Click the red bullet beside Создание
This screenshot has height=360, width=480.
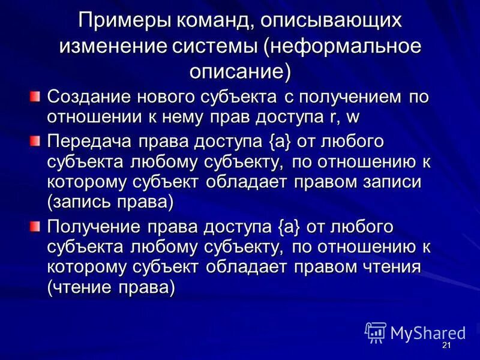tap(37, 95)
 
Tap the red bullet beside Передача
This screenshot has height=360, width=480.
tap(37, 142)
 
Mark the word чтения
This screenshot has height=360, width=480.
tap(389, 266)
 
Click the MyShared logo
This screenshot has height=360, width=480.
tap(415, 333)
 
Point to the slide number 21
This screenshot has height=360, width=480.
tap(446, 346)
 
